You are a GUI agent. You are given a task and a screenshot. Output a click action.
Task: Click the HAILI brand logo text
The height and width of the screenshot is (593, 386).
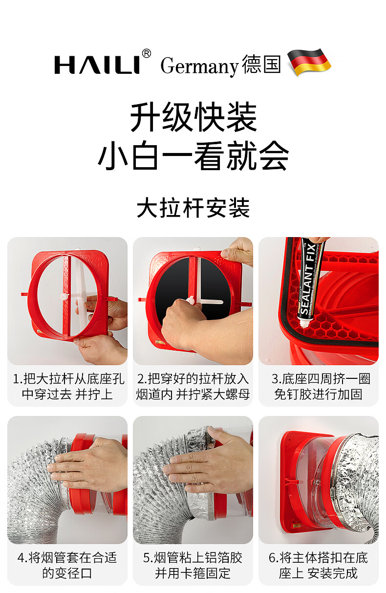pos(97,65)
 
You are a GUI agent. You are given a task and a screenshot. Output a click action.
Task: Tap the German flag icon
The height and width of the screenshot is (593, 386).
pos(309,62)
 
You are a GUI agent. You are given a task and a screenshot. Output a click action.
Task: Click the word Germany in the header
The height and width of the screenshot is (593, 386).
pos(199,66)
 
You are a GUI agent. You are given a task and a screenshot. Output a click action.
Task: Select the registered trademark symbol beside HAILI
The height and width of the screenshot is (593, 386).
pos(146,53)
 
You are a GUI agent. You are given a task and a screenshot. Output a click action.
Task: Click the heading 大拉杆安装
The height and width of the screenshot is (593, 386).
pos(193,208)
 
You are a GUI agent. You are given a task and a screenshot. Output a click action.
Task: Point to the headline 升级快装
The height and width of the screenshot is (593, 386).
pos(193,117)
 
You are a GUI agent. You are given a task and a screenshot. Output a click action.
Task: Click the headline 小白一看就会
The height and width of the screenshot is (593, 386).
pos(193,155)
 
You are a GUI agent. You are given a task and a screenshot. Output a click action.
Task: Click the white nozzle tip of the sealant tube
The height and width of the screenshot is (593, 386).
pos(304,324)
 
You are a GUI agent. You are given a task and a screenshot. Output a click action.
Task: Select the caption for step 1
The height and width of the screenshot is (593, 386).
pos(68,386)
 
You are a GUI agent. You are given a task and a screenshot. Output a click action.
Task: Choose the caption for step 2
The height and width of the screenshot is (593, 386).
pos(193,386)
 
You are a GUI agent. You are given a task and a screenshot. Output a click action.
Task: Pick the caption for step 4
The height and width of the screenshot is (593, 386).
pos(67,566)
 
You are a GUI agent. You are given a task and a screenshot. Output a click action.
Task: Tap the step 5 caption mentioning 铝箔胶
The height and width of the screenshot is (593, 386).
pos(193,566)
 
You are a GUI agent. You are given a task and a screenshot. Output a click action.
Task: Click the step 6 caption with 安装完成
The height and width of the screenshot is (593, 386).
pos(319,566)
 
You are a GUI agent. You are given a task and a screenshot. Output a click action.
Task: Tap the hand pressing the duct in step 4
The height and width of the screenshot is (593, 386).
pos(87,468)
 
